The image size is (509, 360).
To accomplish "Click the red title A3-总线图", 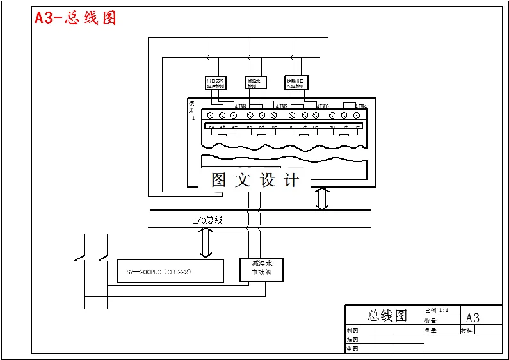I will click(76, 17).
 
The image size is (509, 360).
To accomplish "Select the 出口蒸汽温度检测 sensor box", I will click(216, 83).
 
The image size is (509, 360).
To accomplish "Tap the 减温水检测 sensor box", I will click(256, 83).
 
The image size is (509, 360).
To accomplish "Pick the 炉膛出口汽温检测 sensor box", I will click(296, 83).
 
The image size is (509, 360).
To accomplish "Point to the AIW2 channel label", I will click(282, 106).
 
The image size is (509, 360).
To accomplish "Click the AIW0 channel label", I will click(323, 106).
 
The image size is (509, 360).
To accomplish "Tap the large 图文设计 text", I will click(255, 181).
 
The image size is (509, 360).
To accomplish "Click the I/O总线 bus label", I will click(208, 220).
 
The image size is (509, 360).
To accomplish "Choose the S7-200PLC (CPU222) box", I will click(170, 271).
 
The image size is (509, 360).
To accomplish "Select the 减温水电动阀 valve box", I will click(261, 268).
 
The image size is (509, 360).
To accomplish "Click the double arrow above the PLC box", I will click(206, 243).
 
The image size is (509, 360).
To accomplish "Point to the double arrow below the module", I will click(323, 199).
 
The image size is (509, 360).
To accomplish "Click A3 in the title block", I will click(473, 318).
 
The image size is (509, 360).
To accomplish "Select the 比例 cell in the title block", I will click(430, 310).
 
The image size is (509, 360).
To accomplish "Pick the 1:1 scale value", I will click(444, 310).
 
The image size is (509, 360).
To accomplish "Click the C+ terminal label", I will click(305, 127).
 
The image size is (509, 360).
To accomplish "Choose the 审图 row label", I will click(353, 349).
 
